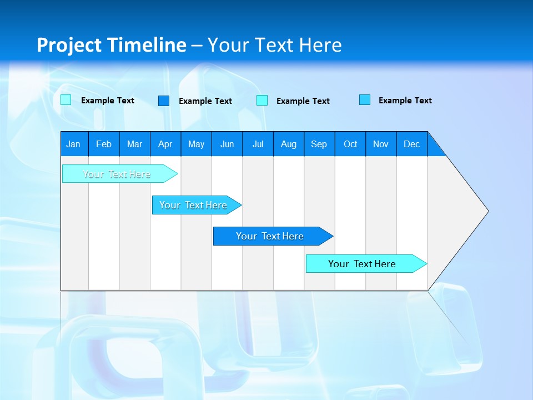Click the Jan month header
(73, 144)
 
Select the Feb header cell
(104, 144)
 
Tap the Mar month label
(134, 144)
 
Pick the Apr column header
(165, 144)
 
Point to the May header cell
(196, 144)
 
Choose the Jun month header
(227, 144)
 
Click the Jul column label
(258, 144)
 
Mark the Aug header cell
(289, 144)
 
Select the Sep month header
(319, 144)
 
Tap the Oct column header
(350, 144)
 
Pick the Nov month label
(381, 144)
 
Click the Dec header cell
(412, 144)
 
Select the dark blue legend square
(164, 101)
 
